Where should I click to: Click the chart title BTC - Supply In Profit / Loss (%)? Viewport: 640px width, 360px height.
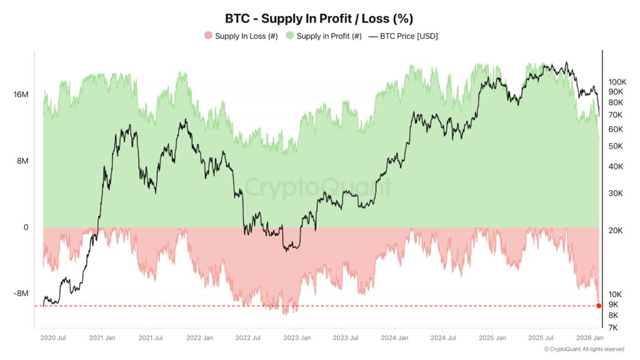[319, 19]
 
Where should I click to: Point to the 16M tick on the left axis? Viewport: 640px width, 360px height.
[21, 94]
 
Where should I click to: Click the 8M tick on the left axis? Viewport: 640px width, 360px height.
[22, 161]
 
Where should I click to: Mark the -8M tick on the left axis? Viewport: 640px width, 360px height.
[21, 294]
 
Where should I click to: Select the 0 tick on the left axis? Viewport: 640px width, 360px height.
[26, 227]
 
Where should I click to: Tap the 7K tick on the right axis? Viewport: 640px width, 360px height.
[613, 327]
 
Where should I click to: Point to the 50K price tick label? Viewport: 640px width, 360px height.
[616, 146]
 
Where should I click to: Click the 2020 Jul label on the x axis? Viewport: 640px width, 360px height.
[52, 338]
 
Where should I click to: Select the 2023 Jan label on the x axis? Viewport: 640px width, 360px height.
[297, 338]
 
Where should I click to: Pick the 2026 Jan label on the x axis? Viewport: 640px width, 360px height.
[589, 338]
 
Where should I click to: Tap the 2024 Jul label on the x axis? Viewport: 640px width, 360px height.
[443, 338]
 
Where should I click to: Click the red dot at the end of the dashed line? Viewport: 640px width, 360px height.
[599, 306]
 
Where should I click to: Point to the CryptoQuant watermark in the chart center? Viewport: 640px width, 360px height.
[319, 187]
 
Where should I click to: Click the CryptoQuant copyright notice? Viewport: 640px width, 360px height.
[584, 349]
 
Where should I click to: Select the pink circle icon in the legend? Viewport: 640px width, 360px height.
[209, 36]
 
